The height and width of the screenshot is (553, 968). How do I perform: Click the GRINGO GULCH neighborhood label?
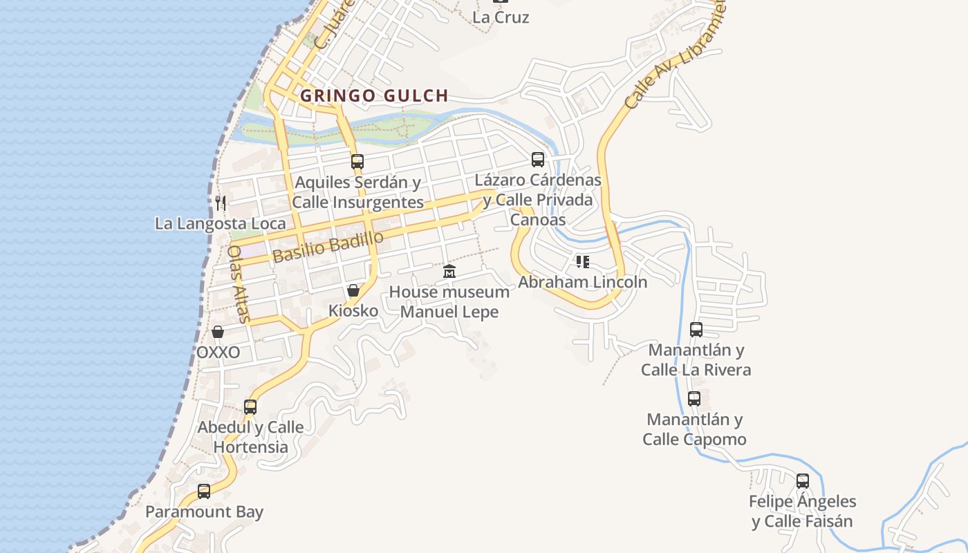[374, 95]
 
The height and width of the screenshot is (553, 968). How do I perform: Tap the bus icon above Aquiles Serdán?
[357, 162]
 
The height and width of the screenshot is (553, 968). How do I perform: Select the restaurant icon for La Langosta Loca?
[221, 203]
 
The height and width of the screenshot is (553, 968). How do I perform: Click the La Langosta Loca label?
[221, 223]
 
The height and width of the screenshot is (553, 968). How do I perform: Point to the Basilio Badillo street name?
[328, 247]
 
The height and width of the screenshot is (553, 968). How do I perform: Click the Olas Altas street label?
[238, 283]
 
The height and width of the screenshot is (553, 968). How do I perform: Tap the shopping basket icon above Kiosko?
[353, 290]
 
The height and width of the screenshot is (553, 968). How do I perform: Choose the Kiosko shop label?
[353, 311]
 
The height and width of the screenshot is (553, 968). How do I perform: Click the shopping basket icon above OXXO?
[218, 332]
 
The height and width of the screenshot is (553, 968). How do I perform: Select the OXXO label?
[218, 353]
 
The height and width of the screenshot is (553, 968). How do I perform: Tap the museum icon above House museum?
[449, 271]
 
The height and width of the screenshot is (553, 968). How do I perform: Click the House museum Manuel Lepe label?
[449, 301]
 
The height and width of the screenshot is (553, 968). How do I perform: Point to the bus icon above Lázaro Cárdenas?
[538, 160]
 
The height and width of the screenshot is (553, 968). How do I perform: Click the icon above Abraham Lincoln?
[583, 261]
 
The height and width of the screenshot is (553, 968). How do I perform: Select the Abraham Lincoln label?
[583, 282]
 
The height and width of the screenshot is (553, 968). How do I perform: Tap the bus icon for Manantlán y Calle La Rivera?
[696, 330]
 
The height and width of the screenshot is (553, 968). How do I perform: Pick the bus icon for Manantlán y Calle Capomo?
[694, 399]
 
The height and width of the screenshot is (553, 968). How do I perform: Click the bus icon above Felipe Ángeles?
[803, 480]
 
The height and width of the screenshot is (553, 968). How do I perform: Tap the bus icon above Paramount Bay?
[204, 491]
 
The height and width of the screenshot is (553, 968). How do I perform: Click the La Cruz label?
[501, 17]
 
